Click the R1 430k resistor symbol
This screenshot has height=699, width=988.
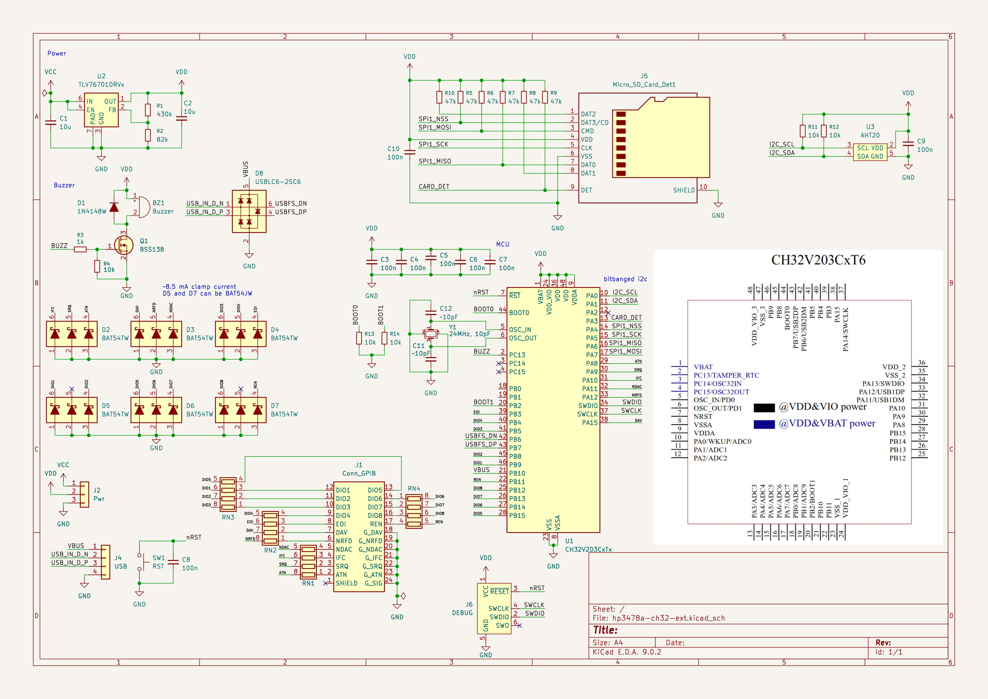pos(148,110)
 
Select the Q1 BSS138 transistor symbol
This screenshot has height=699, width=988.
pos(124,246)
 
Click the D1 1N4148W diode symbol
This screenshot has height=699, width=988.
pos(114,207)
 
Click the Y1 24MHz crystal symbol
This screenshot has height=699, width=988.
pos(430,334)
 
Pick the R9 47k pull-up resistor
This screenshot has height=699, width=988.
pos(545,97)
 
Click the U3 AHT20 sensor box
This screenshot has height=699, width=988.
pos(870,152)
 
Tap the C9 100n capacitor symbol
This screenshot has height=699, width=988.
pos(908,144)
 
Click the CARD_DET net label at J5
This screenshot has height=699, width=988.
pos(434,186)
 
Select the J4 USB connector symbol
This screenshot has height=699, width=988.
pos(105,562)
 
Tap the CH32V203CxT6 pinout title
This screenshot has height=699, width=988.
pos(818,260)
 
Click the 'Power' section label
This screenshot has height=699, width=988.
pos(56,53)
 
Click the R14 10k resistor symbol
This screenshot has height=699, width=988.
pos(384,338)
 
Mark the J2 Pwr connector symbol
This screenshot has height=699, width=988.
pos(84,494)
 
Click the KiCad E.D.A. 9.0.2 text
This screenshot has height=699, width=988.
pos(627,652)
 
